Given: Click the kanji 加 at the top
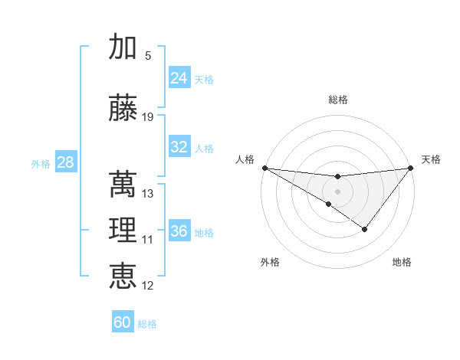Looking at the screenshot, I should (123, 47).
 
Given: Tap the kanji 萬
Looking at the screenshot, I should (123, 185).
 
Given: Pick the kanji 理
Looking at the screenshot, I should (123, 231).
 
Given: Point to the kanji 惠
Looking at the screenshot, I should (123, 276).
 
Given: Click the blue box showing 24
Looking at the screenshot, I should (179, 78).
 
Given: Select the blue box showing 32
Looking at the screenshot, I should (179, 147).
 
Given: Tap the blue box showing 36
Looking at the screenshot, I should (179, 231).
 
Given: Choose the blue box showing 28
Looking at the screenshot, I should (65, 162).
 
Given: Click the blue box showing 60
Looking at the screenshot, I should (123, 322).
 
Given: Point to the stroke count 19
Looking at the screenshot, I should (148, 117).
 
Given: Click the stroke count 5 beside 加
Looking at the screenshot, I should (148, 56).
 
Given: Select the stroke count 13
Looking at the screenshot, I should (148, 194).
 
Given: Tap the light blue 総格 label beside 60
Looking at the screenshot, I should (147, 324).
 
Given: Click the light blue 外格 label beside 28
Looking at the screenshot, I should (41, 163).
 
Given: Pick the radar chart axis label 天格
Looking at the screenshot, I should (431, 159).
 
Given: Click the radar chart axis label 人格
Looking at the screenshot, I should (245, 159).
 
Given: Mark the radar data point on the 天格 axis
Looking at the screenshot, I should (410, 168).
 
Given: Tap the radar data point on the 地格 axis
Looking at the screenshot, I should (365, 229).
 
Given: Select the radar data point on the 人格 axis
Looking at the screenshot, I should (264, 168).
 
